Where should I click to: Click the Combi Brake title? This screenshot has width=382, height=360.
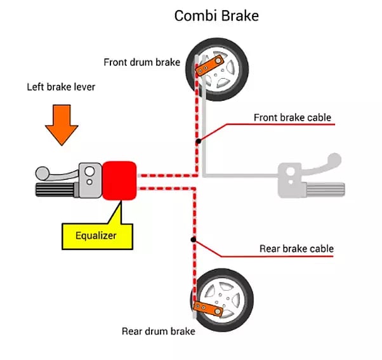point(216,15)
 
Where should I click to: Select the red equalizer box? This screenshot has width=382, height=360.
point(119,180)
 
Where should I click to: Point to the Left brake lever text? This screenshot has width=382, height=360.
point(61,86)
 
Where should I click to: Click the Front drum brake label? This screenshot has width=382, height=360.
point(142,62)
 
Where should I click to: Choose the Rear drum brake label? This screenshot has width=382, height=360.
point(158,331)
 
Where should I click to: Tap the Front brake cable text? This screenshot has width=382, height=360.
point(292,117)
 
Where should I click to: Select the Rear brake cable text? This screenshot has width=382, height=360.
point(296,248)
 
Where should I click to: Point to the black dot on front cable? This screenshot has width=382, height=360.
point(199,140)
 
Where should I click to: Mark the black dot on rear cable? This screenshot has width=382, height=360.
point(192,239)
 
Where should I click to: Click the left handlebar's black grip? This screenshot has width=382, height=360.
point(55,190)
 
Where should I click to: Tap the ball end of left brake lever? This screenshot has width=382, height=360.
point(41,172)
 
